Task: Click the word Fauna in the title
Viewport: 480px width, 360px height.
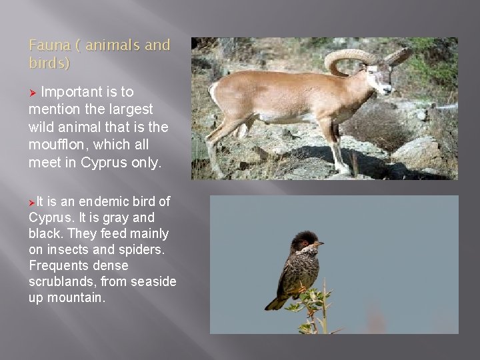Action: [47, 45]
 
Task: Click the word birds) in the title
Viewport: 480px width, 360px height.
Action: [49, 63]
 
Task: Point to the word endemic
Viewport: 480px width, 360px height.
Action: [101, 201]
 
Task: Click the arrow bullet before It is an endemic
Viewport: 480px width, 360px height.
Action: [32, 201]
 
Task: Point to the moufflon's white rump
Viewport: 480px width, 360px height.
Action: [215, 93]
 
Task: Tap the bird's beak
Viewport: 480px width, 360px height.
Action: [321, 243]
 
